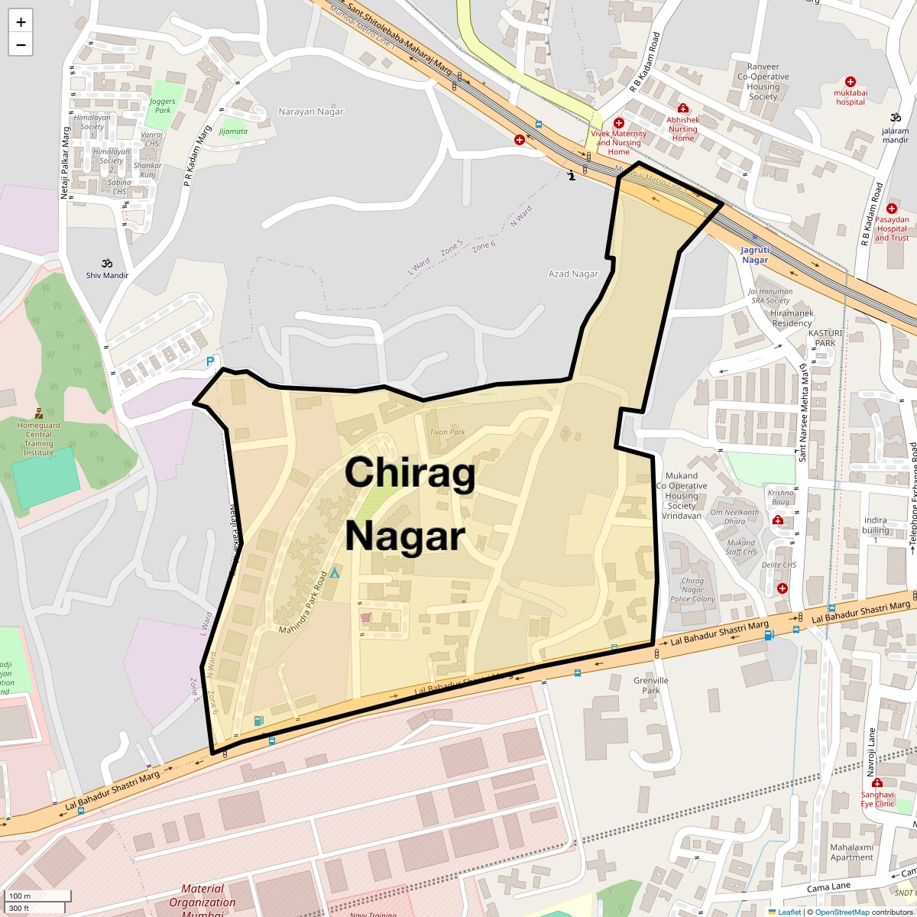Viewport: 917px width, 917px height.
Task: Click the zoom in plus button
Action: pos(21,22)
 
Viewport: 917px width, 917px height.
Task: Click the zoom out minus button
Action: pos(21,44)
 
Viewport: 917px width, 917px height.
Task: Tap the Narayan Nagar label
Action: pos(311,112)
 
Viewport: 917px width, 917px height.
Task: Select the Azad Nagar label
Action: pos(573,274)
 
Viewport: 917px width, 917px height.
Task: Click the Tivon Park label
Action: pos(447,432)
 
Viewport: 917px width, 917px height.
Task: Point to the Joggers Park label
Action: pos(163,105)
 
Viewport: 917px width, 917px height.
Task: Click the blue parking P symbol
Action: pos(210,361)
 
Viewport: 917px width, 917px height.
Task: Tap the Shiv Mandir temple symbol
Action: pos(107,263)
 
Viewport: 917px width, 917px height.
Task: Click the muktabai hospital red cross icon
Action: pos(851,82)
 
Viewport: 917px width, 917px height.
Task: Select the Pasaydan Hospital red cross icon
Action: pos(892,209)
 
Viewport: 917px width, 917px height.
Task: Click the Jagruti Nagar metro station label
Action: pos(755,255)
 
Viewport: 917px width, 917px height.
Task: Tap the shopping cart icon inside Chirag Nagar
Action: pos(365,617)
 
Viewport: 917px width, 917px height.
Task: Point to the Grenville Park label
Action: pos(651,685)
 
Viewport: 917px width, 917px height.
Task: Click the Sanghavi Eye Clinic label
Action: pos(877,799)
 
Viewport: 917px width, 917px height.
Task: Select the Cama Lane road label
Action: pos(828,887)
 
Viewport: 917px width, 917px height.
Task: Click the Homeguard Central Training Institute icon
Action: pos(38,413)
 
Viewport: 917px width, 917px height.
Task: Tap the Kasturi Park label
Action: pos(825,339)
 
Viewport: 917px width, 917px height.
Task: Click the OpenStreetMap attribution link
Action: pos(842,912)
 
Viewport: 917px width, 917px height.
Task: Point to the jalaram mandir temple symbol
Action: pos(896,118)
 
